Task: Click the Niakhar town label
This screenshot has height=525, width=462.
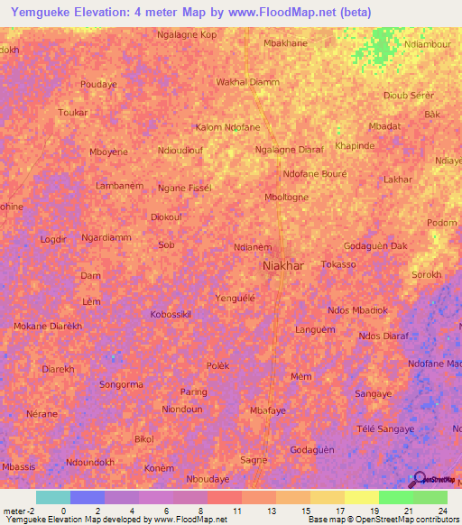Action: tap(282, 266)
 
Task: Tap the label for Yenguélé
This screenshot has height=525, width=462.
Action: tap(236, 297)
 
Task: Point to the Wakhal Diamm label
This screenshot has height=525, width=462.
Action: tap(247, 82)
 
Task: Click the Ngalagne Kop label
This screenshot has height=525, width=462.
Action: tap(187, 34)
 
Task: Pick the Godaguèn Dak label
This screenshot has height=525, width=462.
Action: tap(376, 246)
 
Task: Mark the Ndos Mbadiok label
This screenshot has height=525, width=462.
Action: tap(357, 310)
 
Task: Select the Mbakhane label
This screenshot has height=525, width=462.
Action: tap(285, 42)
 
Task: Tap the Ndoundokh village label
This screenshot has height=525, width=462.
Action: tap(90, 462)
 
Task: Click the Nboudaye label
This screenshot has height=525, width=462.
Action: tap(208, 479)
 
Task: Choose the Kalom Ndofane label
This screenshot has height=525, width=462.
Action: tap(227, 128)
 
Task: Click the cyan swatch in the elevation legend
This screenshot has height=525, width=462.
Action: tap(52, 497)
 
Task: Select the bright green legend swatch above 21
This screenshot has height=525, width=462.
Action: tap(395, 497)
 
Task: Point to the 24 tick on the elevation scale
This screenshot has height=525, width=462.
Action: tap(442, 510)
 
